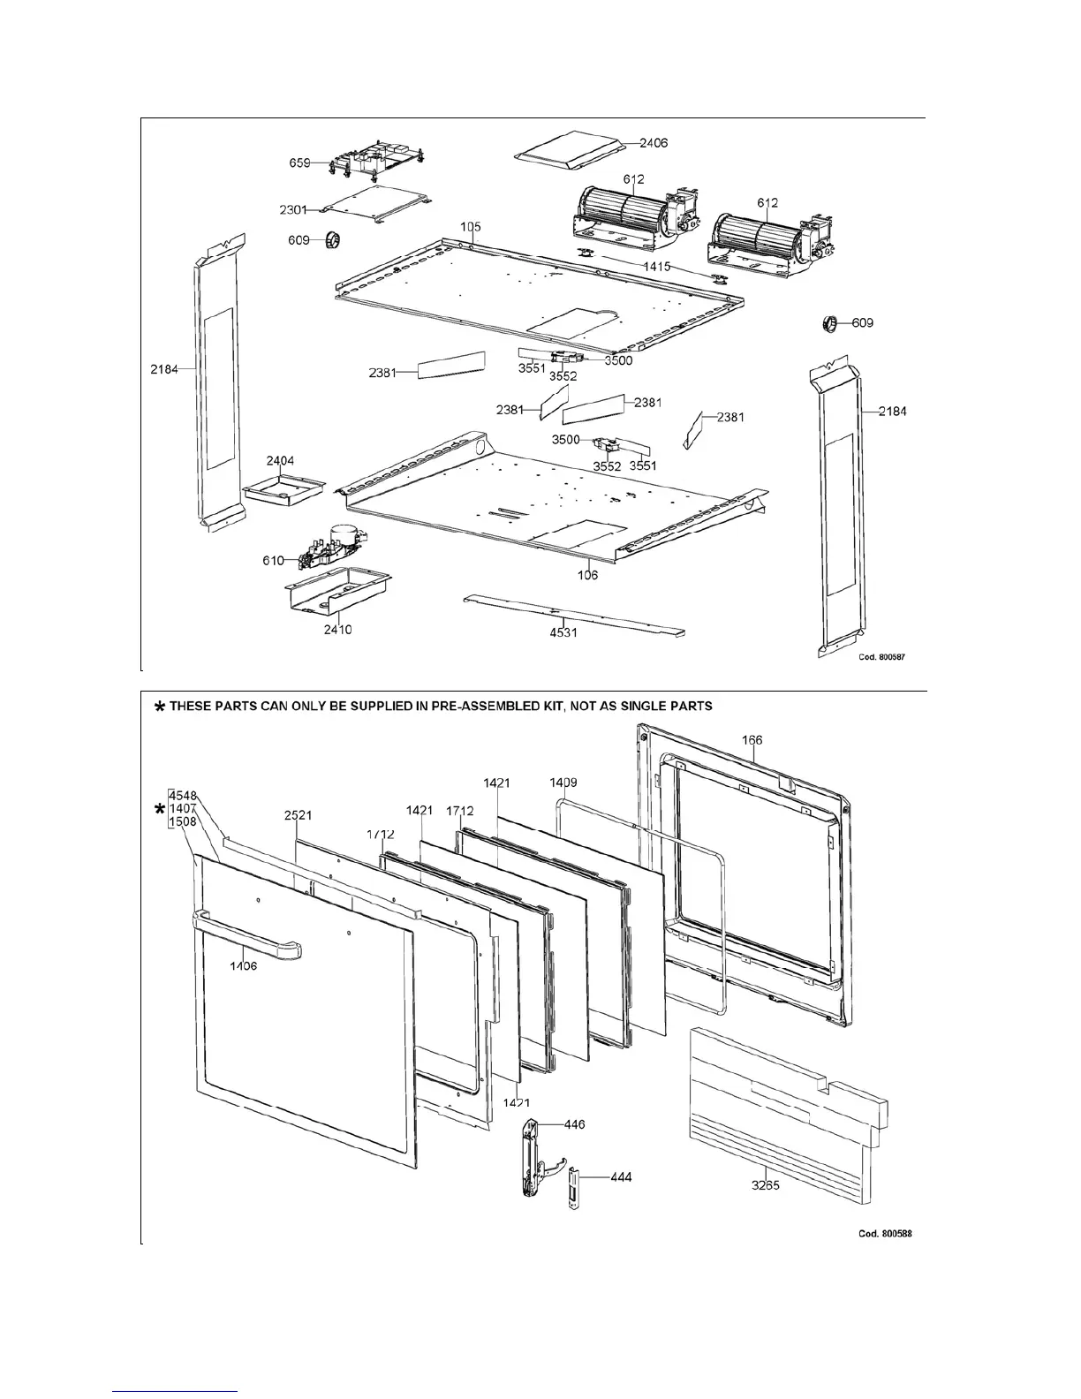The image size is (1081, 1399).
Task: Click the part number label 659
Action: pos(299,163)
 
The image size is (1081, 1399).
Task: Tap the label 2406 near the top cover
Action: pos(654,143)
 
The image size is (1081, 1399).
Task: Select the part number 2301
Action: pos(292,209)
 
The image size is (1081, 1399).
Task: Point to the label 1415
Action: pos(656,266)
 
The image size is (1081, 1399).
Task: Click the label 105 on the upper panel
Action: pos(472,227)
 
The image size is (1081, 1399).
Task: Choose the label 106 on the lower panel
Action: pos(587,575)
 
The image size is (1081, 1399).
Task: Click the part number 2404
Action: pos(280,461)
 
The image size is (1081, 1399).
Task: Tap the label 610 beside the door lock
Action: pos(273,560)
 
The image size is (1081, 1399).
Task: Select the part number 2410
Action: pos(337,630)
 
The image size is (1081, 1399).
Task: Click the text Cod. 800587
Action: pos(882,657)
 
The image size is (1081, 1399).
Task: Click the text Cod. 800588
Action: pos(884,1233)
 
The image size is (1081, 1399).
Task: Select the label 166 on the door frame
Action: pos(752,740)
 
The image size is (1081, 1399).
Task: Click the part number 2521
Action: pos(298,815)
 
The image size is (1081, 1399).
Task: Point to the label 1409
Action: pos(563,783)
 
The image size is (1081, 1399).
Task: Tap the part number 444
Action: pos(621,1177)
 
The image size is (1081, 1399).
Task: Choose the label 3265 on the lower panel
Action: pos(766,1185)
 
